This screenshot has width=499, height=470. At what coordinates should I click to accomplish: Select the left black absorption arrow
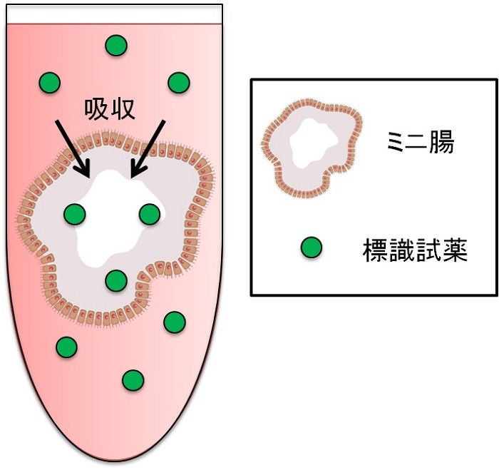pyautogui.click(x=72, y=147)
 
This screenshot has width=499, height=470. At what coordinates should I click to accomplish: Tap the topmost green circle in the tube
pyautogui.click(x=115, y=46)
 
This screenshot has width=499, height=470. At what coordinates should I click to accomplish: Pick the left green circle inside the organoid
pyautogui.click(x=75, y=213)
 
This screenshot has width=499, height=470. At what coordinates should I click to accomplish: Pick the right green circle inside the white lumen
pyautogui.click(x=149, y=213)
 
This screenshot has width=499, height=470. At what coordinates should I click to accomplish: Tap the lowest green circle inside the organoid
pyautogui.click(x=115, y=280)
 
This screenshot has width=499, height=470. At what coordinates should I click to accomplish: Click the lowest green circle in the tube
pyautogui.click(x=132, y=380)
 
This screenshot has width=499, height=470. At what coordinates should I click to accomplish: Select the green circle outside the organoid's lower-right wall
pyautogui.click(x=175, y=322)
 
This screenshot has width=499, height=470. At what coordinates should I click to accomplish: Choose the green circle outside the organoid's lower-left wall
pyautogui.click(x=66, y=347)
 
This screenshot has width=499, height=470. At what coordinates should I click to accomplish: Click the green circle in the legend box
pyautogui.click(x=311, y=247)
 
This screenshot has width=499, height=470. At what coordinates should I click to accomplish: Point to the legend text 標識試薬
pyautogui.click(x=415, y=250)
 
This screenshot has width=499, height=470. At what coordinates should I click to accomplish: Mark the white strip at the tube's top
pyautogui.click(x=114, y=13)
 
